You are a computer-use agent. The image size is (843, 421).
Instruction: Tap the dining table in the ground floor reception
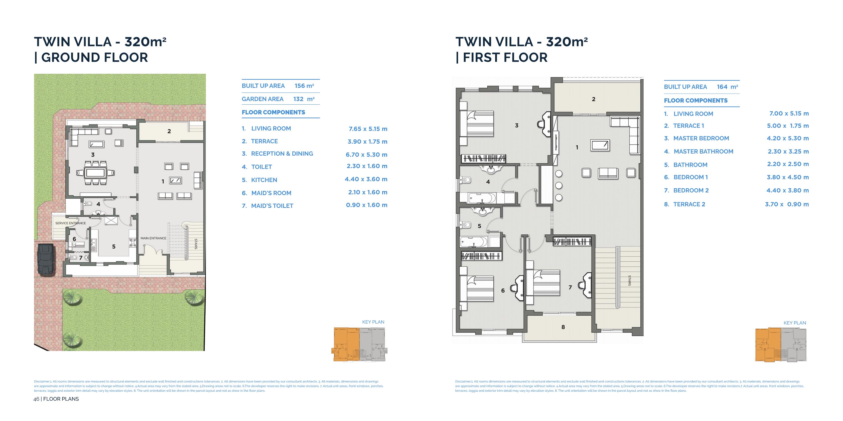95,172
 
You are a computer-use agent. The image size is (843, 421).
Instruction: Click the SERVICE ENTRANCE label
70,223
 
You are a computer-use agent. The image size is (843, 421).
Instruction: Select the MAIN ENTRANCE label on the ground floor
153,238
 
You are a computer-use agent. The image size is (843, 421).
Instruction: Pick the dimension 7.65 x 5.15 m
368,129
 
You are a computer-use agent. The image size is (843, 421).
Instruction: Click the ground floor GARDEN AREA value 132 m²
304,99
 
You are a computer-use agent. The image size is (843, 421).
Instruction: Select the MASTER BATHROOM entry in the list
703,152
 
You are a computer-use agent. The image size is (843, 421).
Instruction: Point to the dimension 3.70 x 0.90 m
787,204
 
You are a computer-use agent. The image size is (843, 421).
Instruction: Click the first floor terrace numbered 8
563,327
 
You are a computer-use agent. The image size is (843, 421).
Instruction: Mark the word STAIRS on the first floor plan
629,280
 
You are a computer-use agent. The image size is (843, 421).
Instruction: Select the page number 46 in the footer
36,399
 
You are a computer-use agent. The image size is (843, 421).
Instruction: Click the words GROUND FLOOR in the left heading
95,58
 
